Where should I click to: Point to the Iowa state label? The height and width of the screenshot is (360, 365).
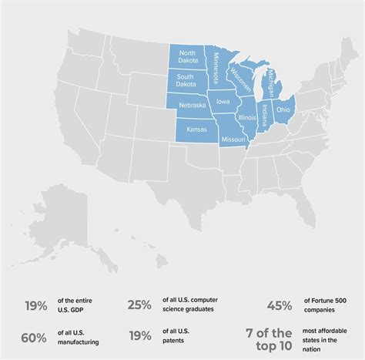pos(223,101)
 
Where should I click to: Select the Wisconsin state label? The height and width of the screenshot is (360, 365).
pos(239,76)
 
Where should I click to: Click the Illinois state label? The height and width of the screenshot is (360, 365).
pos(247,117)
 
